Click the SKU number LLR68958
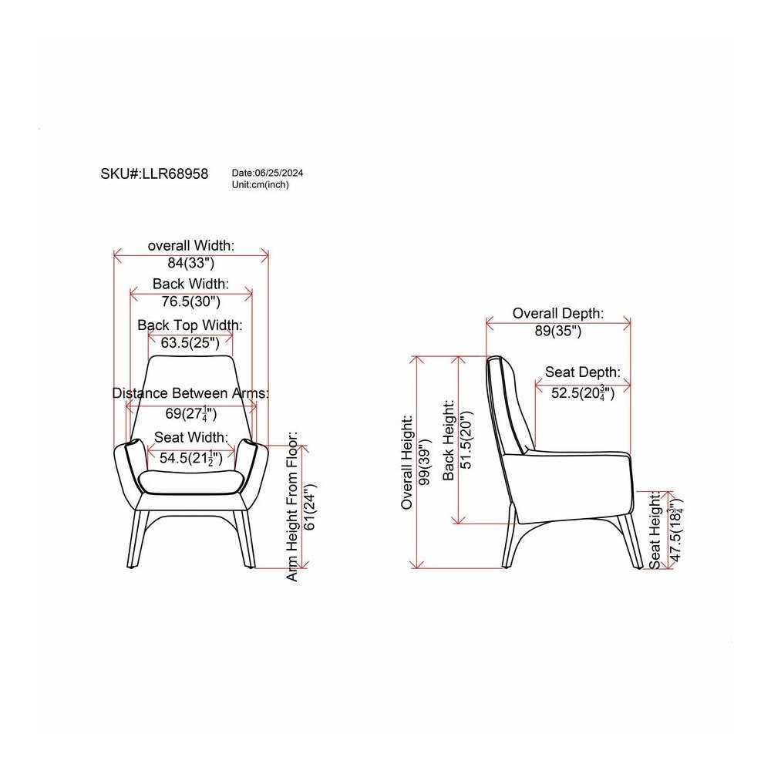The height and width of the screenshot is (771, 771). [175, 173]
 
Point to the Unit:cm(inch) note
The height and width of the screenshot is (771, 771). [260, 185]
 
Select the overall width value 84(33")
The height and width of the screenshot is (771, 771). [190, 263]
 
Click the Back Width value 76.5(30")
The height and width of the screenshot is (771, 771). [190, 301]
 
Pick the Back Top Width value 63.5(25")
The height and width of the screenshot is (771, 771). [190, 343]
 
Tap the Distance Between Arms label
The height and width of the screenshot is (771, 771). [190, 393]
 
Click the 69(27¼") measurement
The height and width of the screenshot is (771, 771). [190, 413]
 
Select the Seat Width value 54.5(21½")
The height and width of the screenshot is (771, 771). [190, 458]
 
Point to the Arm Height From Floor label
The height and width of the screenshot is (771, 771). [292, 507]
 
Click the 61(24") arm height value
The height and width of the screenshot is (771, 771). [310, 507]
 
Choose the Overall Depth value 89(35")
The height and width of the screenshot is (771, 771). [558, 331]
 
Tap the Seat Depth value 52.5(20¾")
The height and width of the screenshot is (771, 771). [583, 393]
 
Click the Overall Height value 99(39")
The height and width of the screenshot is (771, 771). [424, 462]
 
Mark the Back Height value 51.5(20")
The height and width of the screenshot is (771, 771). [465, 439]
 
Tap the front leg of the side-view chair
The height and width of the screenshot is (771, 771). [631, 541]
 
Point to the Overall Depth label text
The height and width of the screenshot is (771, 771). [558, 313]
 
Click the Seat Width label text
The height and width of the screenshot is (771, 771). [191, 437]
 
